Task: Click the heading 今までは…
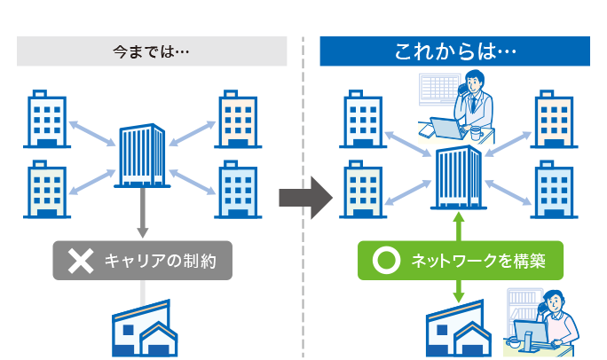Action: pyautogui.click(x=153, y=51)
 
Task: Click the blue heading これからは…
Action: pyautogui.click(x=454, y=51)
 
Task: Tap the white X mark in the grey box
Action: pyautogui.click(x=81, y=261)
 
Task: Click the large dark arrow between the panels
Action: pyautogui.click(x=304, y=197)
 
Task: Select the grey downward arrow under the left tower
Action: pyautogui.click(x=142, y=213)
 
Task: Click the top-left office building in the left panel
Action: pyautogui.click(x=48, y=118)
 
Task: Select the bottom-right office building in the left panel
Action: pyautogui.click(x=237, y=188)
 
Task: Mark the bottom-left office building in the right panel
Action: pyautogui.click(x=363, y=188)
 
